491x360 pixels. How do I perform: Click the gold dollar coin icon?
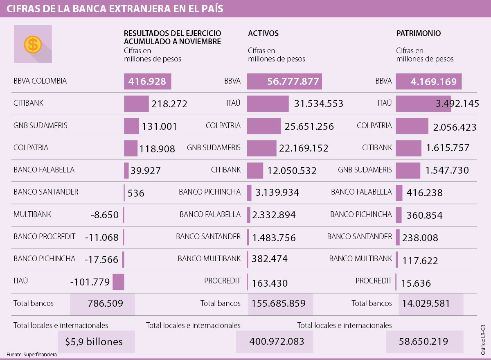pos(33,44)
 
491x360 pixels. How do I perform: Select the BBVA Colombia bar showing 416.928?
pos(147,82)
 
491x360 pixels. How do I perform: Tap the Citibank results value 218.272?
pos(169,104)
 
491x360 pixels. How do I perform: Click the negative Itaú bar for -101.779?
pos(118,282)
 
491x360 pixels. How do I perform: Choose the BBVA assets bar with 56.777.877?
pos(284,82)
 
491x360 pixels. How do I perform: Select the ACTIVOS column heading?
pos(263,34)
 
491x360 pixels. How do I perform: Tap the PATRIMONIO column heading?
pos(418,34)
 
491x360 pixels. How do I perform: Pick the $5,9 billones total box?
pos(94,342)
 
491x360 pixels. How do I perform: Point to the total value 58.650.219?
pos(423,342)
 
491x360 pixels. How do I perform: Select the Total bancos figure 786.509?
pos(105,303)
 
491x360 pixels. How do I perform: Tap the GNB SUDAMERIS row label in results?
pos(41,126)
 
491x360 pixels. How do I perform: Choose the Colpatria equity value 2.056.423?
pos(455,127)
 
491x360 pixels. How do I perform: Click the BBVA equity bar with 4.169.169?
pos(428,82)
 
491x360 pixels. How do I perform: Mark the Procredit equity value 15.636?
pos(417,283)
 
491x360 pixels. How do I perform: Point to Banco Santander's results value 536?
pos(136,193)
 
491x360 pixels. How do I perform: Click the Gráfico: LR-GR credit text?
pos(483,340)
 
